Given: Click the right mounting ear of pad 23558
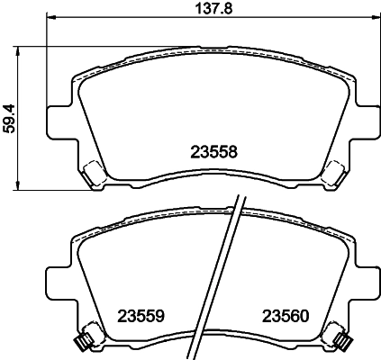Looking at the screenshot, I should click(365, 119).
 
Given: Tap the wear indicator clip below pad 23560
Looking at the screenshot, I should click(343, 340).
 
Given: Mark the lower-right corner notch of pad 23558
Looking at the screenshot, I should click(332, 173).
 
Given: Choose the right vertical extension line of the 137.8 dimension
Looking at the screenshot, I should click(376, 54).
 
